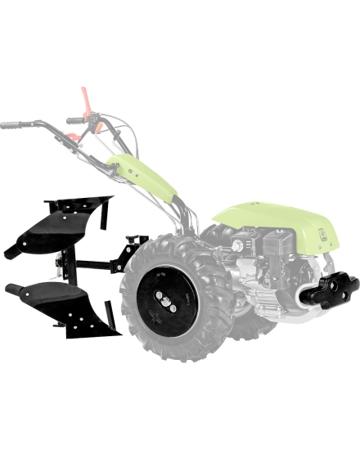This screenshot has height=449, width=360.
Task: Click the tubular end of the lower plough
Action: tap(13, 289)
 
